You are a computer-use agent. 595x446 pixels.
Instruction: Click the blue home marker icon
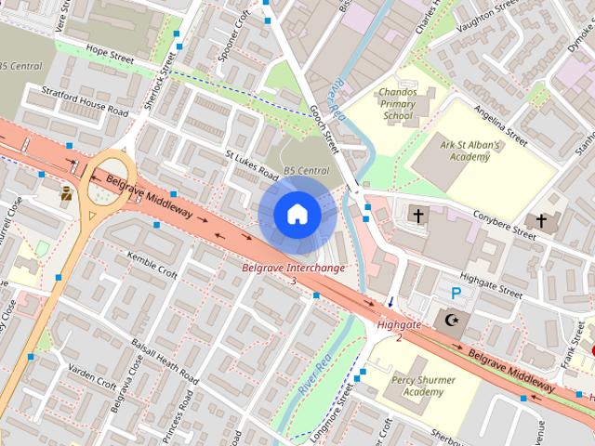tap(297, 215)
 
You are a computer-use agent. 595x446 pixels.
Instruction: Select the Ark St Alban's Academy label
tap(470, 151)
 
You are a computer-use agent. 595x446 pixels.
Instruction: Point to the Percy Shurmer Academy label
tap(410, 387)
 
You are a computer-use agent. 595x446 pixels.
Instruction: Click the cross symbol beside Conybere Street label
tap(542, 220)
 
